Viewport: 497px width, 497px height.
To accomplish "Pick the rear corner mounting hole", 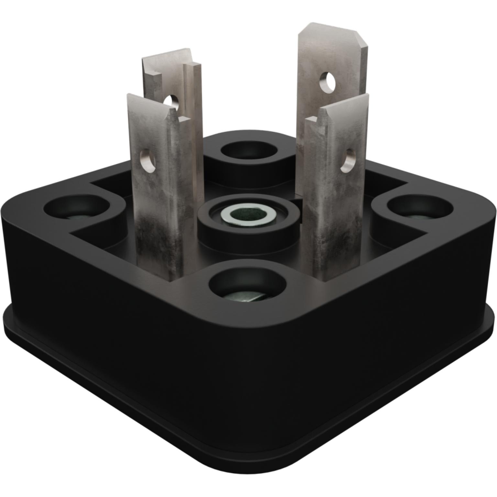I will [249, 151].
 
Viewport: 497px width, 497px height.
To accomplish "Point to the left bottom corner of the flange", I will [6, 315].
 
